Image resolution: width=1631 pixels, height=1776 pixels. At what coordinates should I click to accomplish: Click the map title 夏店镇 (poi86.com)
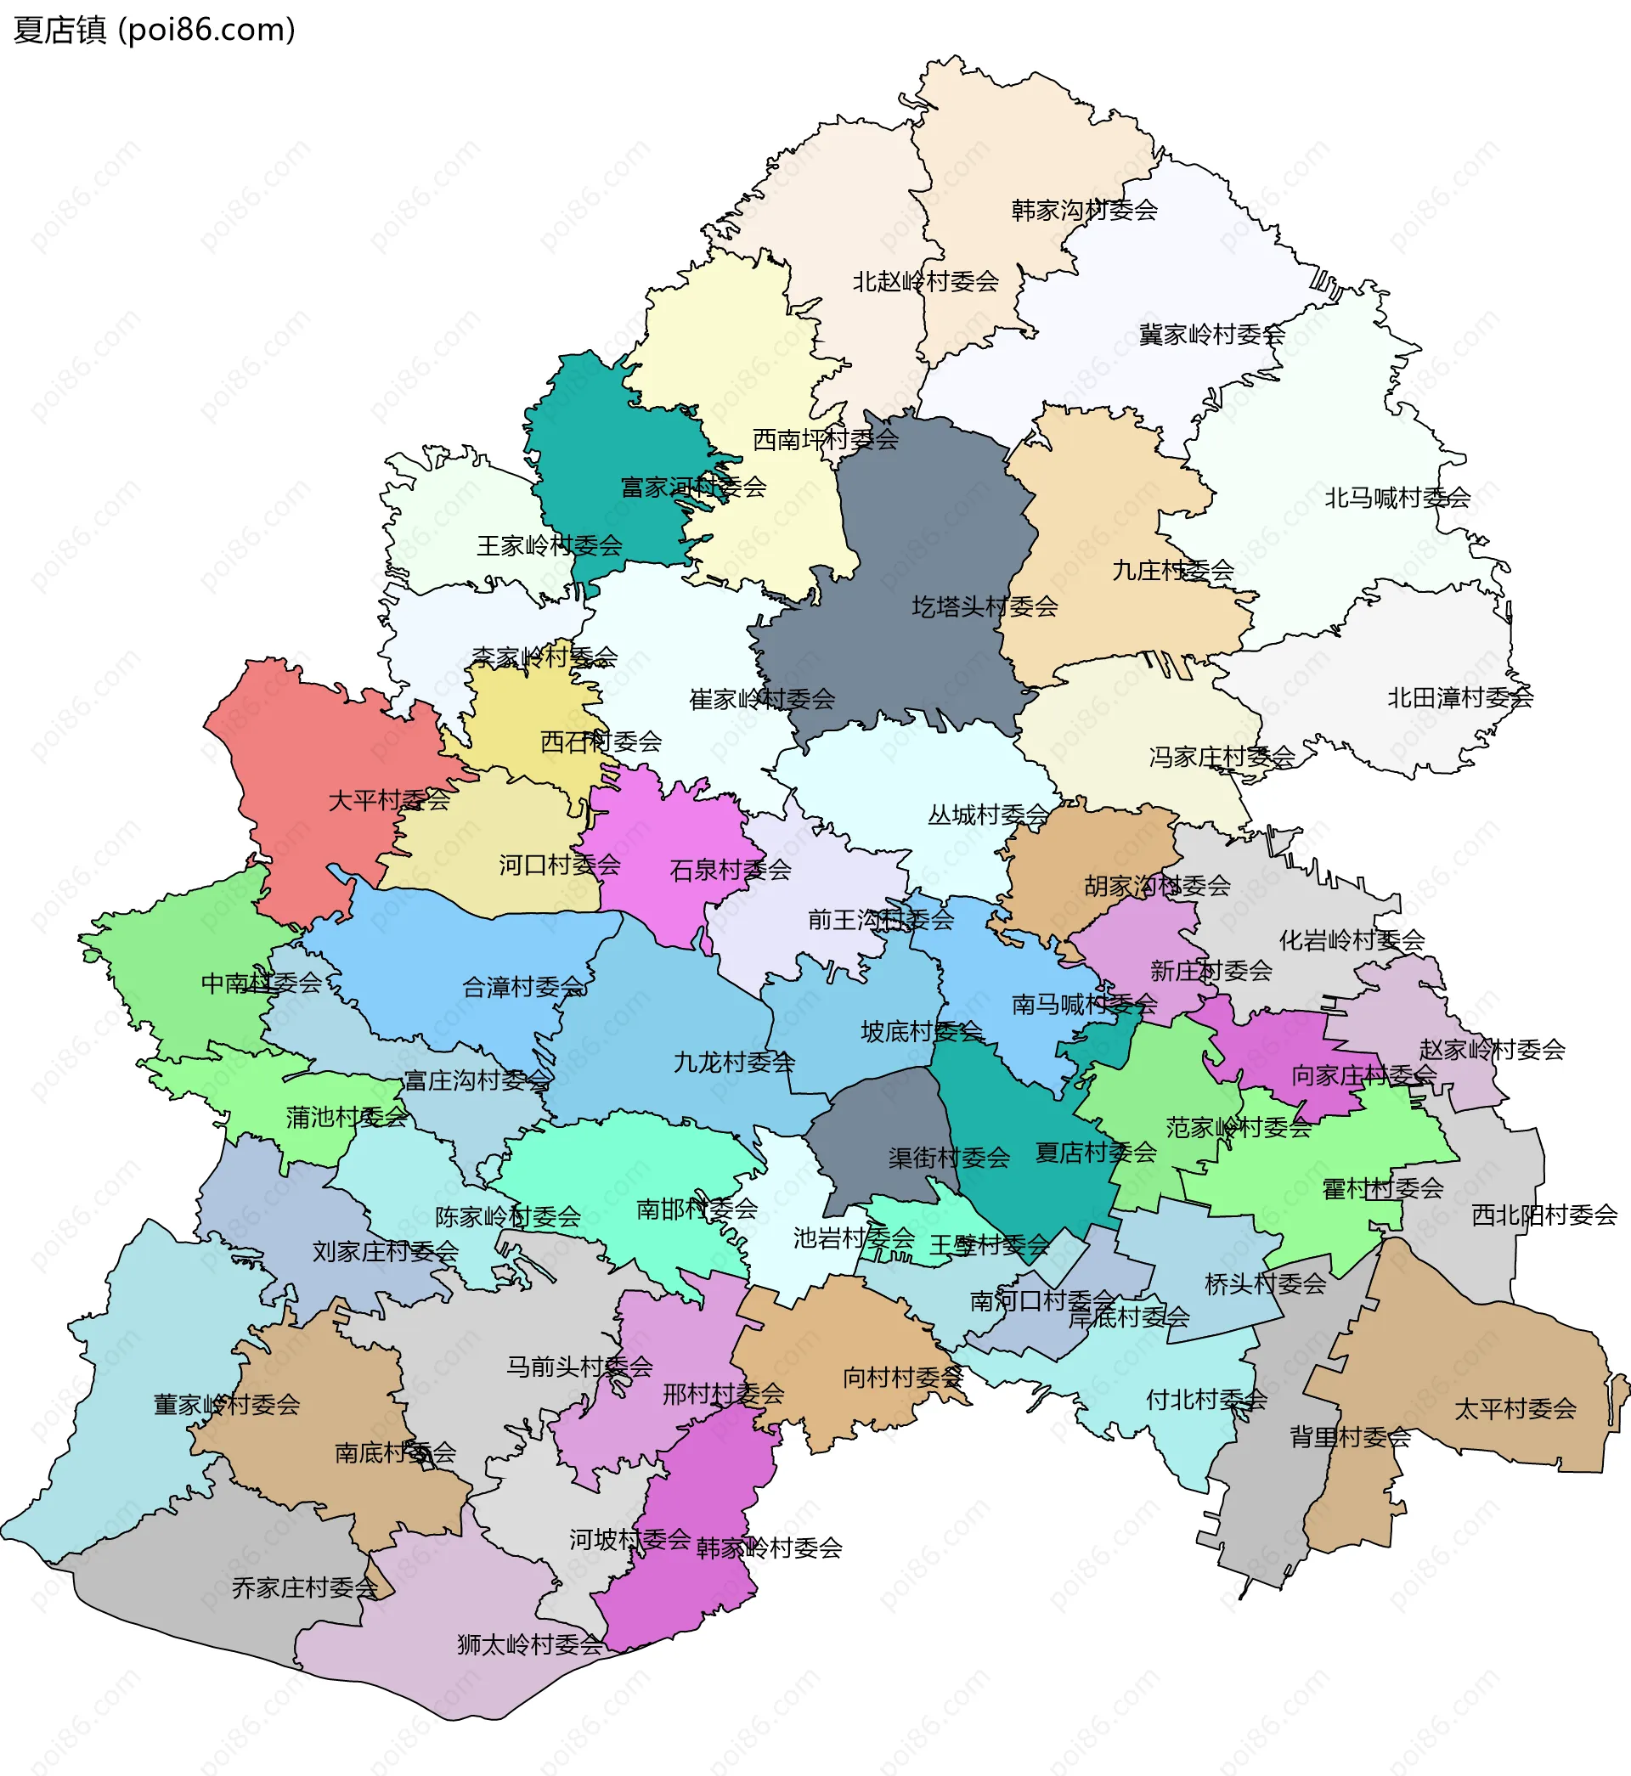click(155, 30)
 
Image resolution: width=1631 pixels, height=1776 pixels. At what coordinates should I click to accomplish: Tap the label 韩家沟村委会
click(1084, 211)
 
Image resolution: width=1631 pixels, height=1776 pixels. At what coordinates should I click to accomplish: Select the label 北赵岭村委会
click(925, 282)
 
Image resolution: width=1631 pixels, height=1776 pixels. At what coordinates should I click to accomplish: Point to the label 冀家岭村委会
click(1211, 335)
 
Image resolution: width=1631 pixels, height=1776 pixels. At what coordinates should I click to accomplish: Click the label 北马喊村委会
click(1397, 499)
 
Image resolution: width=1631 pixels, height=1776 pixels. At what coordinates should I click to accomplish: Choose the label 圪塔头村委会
click(984, 607)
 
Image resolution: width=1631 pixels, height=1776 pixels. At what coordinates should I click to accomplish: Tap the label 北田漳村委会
click(1459, 699)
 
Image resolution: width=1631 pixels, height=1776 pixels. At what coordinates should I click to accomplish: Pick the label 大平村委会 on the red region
click(388, 801)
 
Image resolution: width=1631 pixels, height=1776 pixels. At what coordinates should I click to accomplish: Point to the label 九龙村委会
click(733, 1063)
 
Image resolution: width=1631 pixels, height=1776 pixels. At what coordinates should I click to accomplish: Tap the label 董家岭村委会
click(227, 1405)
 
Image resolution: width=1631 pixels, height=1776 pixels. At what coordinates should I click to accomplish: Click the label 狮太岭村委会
click(529, 1644)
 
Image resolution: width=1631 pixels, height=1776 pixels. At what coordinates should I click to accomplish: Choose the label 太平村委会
click(1515, 1409)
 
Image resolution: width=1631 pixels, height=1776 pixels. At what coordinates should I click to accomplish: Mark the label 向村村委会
click(902, 1377)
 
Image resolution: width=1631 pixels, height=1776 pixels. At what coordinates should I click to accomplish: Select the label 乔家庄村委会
click(304, 1588)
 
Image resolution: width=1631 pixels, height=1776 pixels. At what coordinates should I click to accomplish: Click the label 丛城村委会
click(988, 815)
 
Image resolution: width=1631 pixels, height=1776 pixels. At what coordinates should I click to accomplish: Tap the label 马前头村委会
click(579, 1367)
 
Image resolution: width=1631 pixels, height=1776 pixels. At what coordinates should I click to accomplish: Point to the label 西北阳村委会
click(1544, 1215)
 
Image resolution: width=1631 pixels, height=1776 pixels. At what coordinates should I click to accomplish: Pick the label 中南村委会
click(262, 983)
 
